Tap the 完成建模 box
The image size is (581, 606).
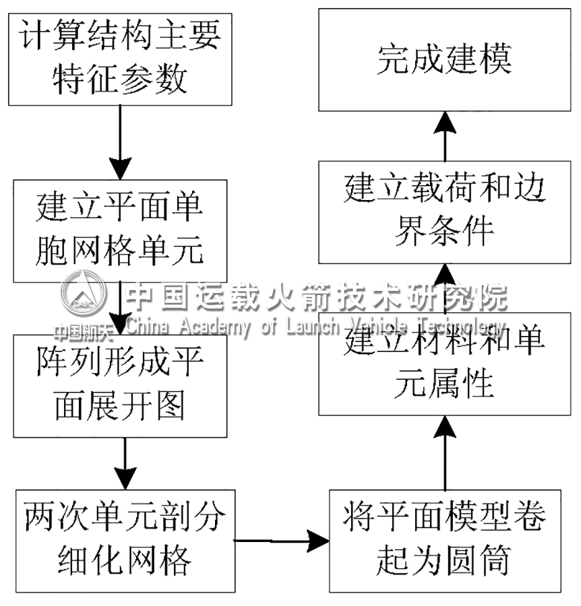pyautogui.click(x=445, y=59)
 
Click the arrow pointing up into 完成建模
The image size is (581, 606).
pyautogui.click(x=445, y=135)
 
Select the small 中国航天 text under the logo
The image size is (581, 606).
pyautogui.click(x=74, y=331)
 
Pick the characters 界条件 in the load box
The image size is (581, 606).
pyautogui.click(x=445, y=232)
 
